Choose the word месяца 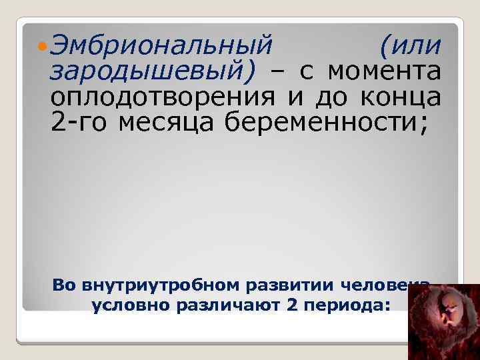point(163,120)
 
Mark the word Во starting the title point(66,286)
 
